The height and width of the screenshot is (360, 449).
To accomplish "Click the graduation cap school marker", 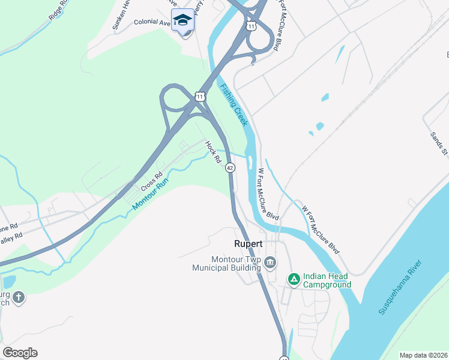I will pyautogui.click(x=182, y=21).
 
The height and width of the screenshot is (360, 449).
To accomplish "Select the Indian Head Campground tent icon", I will pyautogui.click(x=294, y=279).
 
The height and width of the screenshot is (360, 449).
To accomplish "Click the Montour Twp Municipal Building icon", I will pyautogui.click(x=270, y=262).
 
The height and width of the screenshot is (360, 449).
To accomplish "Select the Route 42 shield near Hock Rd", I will pyautogui.click(x=230, y=169).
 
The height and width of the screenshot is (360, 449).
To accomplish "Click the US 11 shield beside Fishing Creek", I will pyautogui.click(x=200, y=97).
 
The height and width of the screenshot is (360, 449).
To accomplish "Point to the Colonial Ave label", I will pyautogui.click(x=152, y=22).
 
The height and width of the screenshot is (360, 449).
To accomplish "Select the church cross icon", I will pyautogui.click(x=19, y=297).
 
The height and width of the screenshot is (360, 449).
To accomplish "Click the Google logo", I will pyautogui.click(x=20, y=353).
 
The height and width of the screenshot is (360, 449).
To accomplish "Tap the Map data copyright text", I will pyautogui.click(x=423, y=355).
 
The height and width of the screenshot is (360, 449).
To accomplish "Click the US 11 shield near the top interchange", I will pyautogui.click(x=251, y=26).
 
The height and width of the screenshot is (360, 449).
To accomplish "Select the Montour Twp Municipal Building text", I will pyautogui.click(x=226, y=263).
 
